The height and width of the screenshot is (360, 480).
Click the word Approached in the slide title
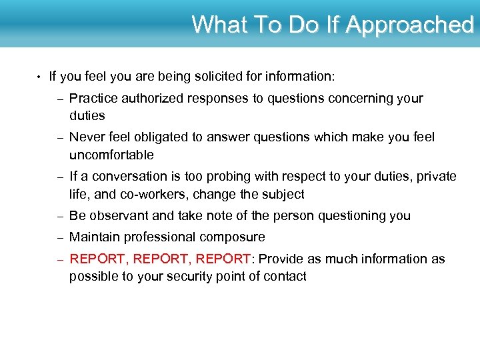[409, 25]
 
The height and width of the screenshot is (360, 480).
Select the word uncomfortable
[111, 155]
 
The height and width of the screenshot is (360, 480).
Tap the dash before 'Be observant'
[59, 216]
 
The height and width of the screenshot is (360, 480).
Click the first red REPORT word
[96, 259]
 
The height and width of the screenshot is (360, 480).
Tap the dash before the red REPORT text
[59, 259]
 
